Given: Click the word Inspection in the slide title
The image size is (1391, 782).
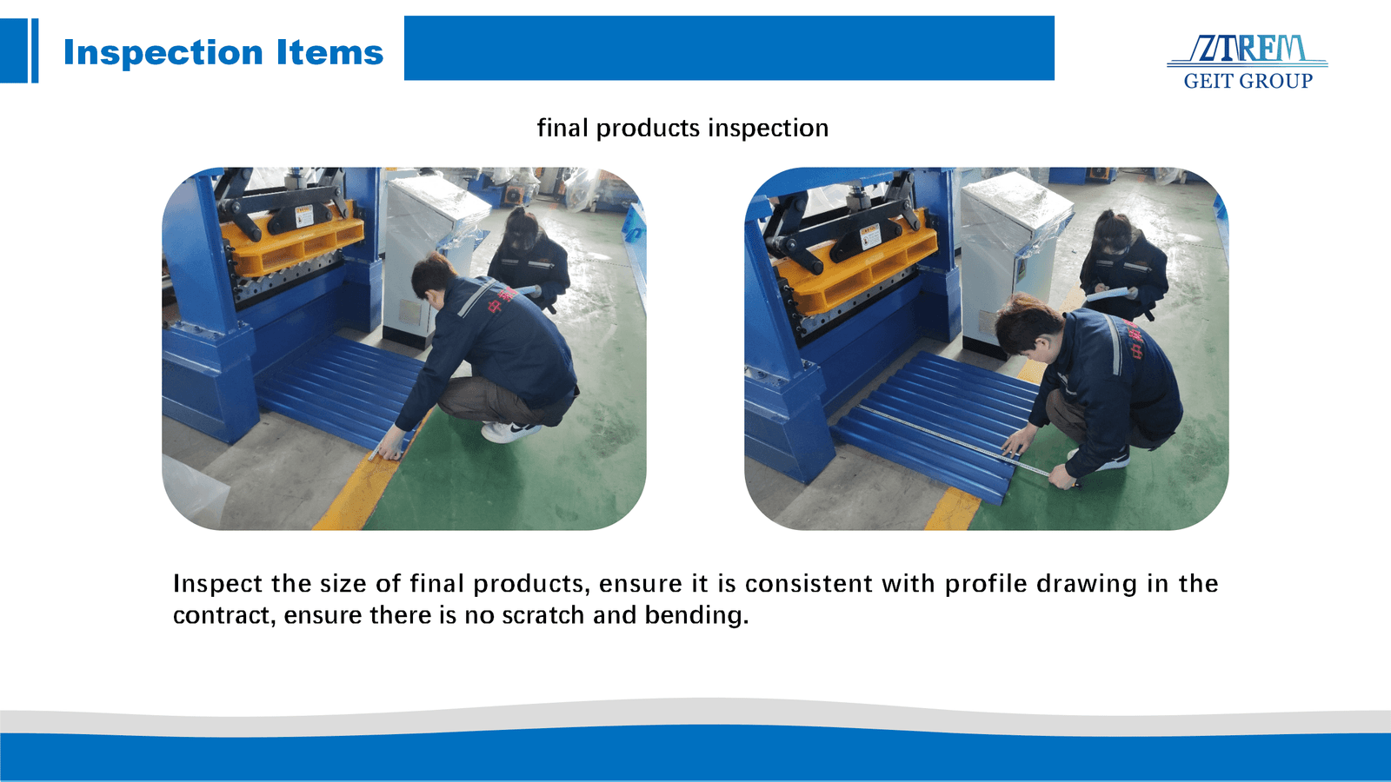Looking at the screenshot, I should tap(163, 53).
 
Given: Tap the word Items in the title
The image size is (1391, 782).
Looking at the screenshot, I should tap(329, 53).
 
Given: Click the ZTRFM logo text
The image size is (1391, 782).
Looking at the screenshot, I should tap(1248, 49).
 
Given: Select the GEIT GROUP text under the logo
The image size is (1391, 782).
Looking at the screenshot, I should tap(1248, 81).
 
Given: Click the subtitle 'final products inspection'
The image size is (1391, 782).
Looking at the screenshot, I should tap(682, 128).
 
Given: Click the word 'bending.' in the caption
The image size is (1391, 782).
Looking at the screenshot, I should tap(696, 615).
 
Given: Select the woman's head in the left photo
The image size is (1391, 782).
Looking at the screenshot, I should tap(521, 229).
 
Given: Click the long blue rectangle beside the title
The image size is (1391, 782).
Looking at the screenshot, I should tap(729, 48).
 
